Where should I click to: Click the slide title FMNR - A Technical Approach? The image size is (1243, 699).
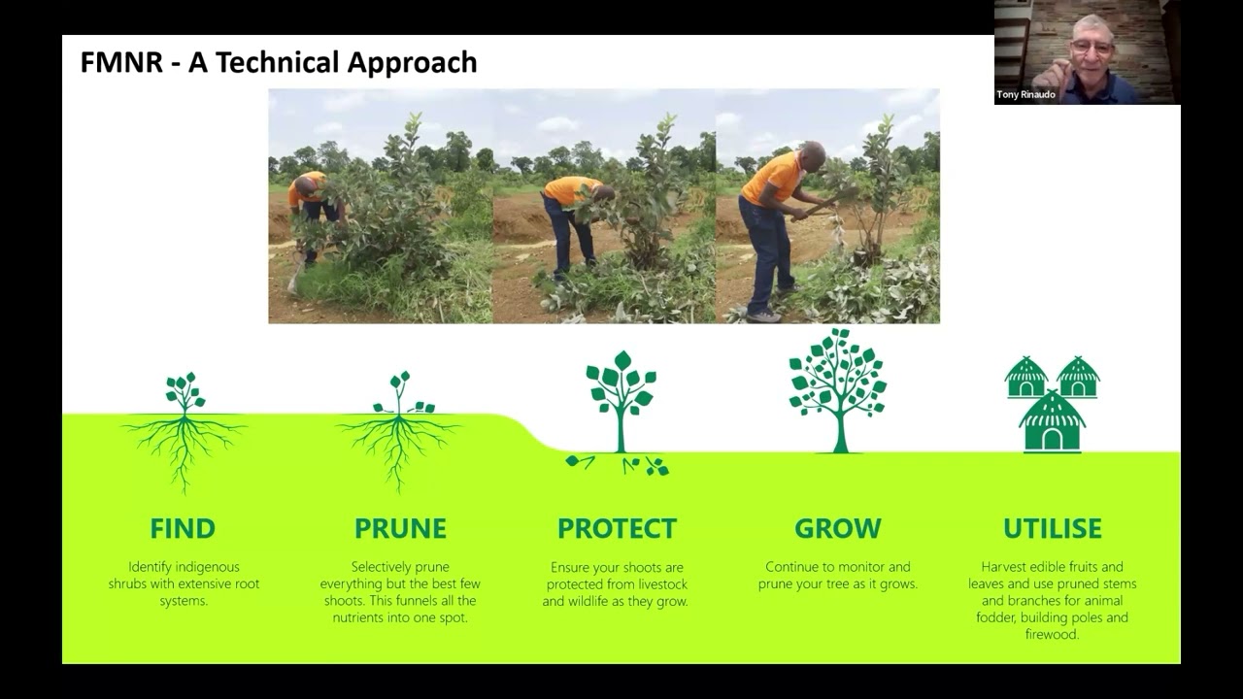coord(279,62)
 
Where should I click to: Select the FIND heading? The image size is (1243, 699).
coord(183,529)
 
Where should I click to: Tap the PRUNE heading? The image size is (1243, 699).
coord(400,529)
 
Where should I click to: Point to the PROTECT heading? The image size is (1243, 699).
coord(617,529)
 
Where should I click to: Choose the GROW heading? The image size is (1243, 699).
coord(837,529)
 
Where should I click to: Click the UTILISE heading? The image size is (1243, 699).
coord(1053,529)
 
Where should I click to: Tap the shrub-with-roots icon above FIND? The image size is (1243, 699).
coord(184,427)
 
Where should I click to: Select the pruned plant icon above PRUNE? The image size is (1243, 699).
coord(399,427)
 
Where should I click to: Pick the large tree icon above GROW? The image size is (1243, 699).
coord(838,388)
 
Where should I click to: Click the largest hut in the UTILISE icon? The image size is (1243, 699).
coord(1052,422)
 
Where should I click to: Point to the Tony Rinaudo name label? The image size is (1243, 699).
coord(1025,95)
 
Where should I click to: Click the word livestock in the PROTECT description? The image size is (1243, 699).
coord(660,584)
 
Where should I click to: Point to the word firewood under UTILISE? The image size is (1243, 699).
coord(1052,635)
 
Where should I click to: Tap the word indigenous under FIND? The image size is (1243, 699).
coord(208,567)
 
